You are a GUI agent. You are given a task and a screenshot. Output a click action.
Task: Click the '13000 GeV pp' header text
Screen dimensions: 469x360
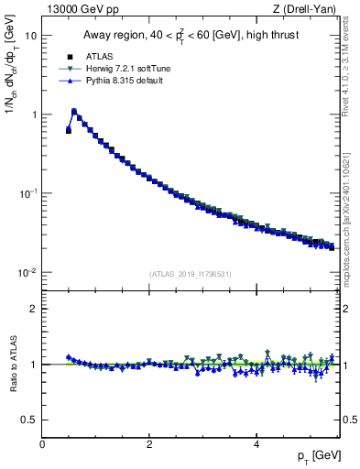coord(81,10)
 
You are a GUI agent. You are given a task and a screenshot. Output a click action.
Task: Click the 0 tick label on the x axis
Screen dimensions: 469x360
coord(42,443)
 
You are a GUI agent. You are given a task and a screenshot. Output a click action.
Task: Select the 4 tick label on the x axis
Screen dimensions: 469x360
coord(256,443)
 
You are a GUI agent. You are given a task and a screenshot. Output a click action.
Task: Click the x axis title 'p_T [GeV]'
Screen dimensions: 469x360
coord(313,455)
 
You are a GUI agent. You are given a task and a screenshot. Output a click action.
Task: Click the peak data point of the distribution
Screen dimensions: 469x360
coord(74,112)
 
